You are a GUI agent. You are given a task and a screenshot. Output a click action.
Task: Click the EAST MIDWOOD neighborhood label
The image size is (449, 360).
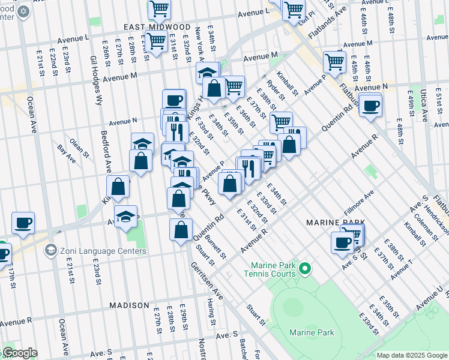tap(157, 28)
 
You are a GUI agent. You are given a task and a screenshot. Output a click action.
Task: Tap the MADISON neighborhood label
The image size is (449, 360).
tap(128, 305)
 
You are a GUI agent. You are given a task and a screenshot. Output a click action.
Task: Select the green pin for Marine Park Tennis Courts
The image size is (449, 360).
tap(305, 268)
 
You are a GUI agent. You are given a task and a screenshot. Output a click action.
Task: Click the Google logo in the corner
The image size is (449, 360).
tap(19, 353)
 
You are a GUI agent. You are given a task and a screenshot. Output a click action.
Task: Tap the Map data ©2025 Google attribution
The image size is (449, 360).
tap(411, 355)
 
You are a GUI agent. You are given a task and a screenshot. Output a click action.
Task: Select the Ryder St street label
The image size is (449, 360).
tap(276, 91)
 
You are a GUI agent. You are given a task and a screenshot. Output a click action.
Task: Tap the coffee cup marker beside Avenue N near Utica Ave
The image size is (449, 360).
tap(370, 106)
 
